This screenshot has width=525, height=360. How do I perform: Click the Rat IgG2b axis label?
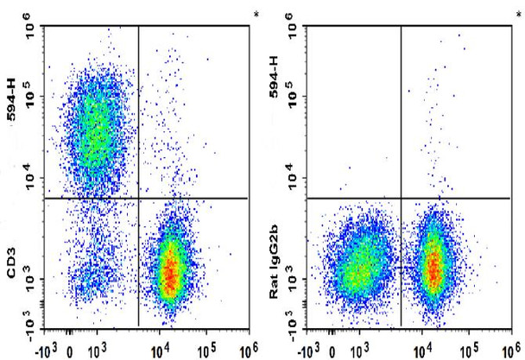coord(274,261)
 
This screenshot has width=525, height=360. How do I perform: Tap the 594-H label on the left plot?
coord(12,99)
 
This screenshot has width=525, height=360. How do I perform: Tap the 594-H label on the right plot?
coord(274,77)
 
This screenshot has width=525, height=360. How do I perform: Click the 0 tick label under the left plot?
coord(70,352)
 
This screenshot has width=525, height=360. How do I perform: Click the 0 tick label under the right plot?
coord(332,352)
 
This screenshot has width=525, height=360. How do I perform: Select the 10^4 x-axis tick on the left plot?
coord(161,351)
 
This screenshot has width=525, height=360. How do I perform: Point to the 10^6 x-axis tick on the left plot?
coord(249,351)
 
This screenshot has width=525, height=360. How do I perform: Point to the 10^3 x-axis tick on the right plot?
coord(359,351)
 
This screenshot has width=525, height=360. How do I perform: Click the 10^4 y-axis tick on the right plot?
coord(295,177)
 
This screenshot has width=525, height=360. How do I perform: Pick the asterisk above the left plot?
coord(256,15)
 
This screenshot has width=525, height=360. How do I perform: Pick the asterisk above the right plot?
coord(519,15)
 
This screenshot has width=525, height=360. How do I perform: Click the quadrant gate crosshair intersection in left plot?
coord(139,199)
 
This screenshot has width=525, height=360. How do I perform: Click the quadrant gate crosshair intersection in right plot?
coord(402,199)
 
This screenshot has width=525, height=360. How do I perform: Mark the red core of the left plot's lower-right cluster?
coord(170,271)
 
